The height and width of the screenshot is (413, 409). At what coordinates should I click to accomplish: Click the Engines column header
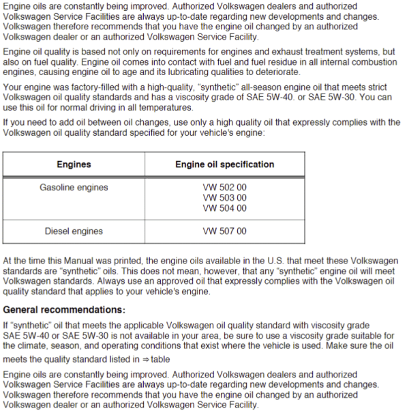(74, 165)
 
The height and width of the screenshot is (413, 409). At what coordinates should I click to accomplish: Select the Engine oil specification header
(225, 165)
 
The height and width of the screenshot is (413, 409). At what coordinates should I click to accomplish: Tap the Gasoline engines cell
(74, 187)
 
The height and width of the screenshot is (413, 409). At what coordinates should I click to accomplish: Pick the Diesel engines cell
(74, 231)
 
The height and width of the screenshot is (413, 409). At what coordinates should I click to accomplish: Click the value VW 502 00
(225, 187)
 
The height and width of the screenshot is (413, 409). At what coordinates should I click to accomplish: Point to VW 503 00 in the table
(225, 198)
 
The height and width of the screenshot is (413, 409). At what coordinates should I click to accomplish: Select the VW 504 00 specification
(225, 208)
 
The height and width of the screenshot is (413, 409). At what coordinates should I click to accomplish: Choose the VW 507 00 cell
(225, 231)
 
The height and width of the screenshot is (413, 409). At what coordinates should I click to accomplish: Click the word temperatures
(168, 109)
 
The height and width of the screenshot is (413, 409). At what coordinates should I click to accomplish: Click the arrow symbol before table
(144, 359)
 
